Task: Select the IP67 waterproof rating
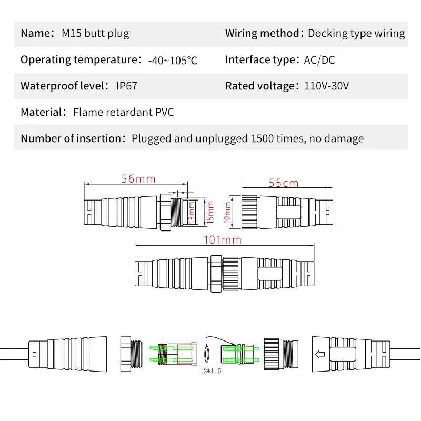pyautogui.click(x=126, y=86)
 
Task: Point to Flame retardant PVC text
pyautogui.click(x=124, y=112)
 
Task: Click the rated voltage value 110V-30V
pyautogui.click(x=326, y=86)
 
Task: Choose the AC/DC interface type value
pyautogui.click(x=319, y=60)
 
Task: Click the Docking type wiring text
pyautogui.click(x=356, y=34)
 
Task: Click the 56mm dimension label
pyautogui.click(x=138, y=179)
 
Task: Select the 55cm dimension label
pyautogui.click(x=284, y=183)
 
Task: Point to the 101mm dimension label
pyautogui.click(x=223, y=240)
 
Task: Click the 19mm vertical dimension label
pyautogui.click(x=228, y=213)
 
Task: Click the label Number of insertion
pyautogui.click(x=71, y=139)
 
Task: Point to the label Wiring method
pyautogui.click(x=262, y=34)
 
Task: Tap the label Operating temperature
pyautogui.click(x=79, y=60)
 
